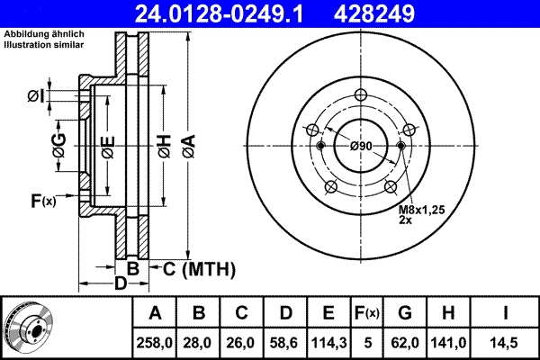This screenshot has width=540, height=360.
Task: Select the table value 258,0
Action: tap(155, 342)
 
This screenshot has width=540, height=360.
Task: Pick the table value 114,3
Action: tap(328, 342)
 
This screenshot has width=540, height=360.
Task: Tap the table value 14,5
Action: tap(506, 342)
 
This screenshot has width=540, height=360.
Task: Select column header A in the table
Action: tap(155, 313)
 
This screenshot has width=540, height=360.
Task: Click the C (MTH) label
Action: tap(198, 268)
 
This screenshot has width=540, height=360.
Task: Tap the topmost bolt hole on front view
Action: tap(361, 97)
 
